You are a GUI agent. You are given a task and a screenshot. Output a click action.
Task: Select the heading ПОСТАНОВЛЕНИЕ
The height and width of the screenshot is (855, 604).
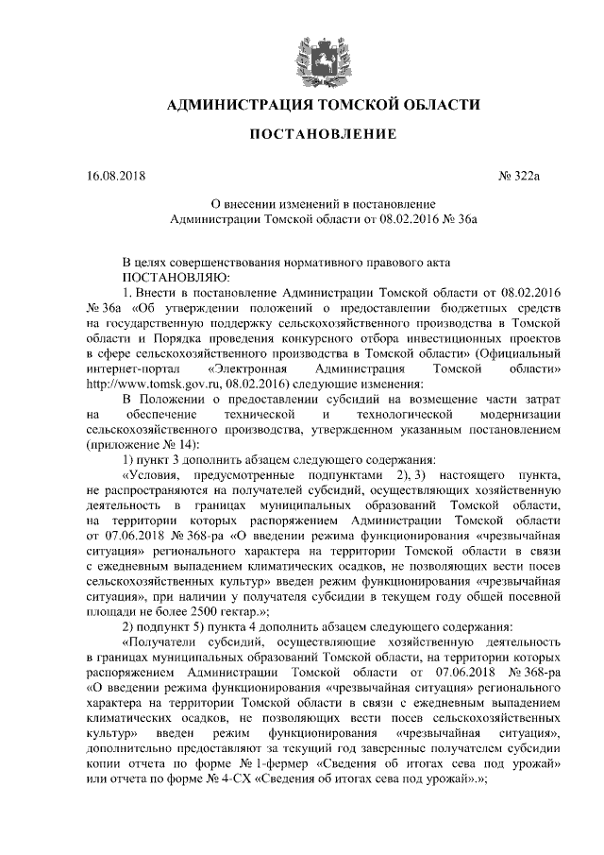point(323,136)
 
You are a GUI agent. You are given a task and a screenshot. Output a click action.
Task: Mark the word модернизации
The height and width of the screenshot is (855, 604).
point(521,414)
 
